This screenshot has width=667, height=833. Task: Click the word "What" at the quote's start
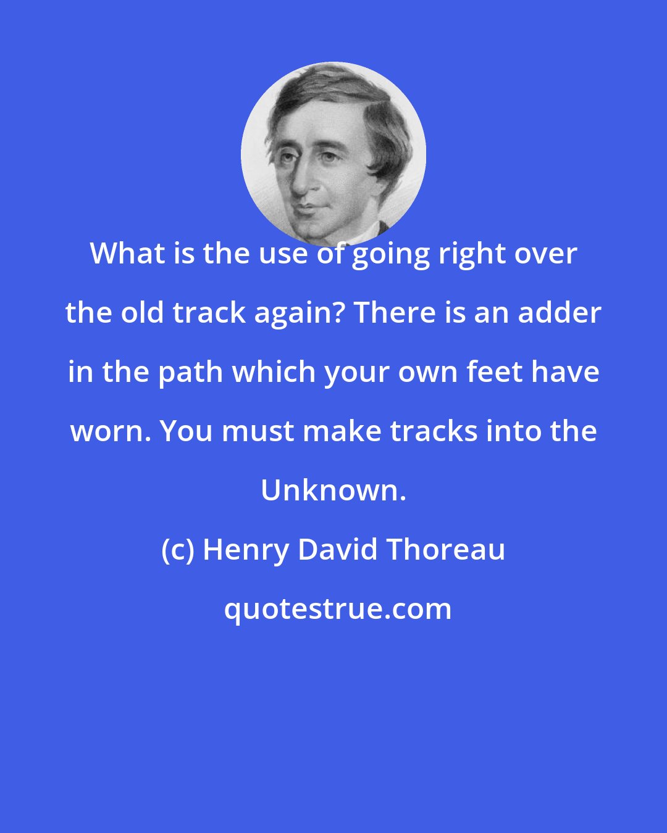tap(127, 254)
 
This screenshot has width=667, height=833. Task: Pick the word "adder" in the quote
tap(559, 313)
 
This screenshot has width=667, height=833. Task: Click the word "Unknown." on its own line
tap(333, 491)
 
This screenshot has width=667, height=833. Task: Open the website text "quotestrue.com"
tap(337, 610)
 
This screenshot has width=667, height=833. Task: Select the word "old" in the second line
tap(146, 313)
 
